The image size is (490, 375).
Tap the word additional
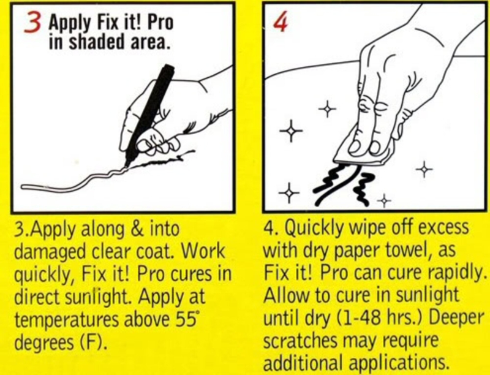tap(303, 362)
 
